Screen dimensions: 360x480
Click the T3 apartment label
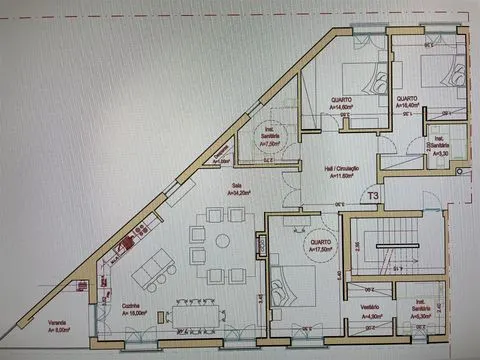coord(374,197)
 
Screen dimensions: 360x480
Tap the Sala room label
coord(237,185)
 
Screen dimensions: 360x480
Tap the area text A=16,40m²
coord(410,108)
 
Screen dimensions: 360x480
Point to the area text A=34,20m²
coord(238,193)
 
